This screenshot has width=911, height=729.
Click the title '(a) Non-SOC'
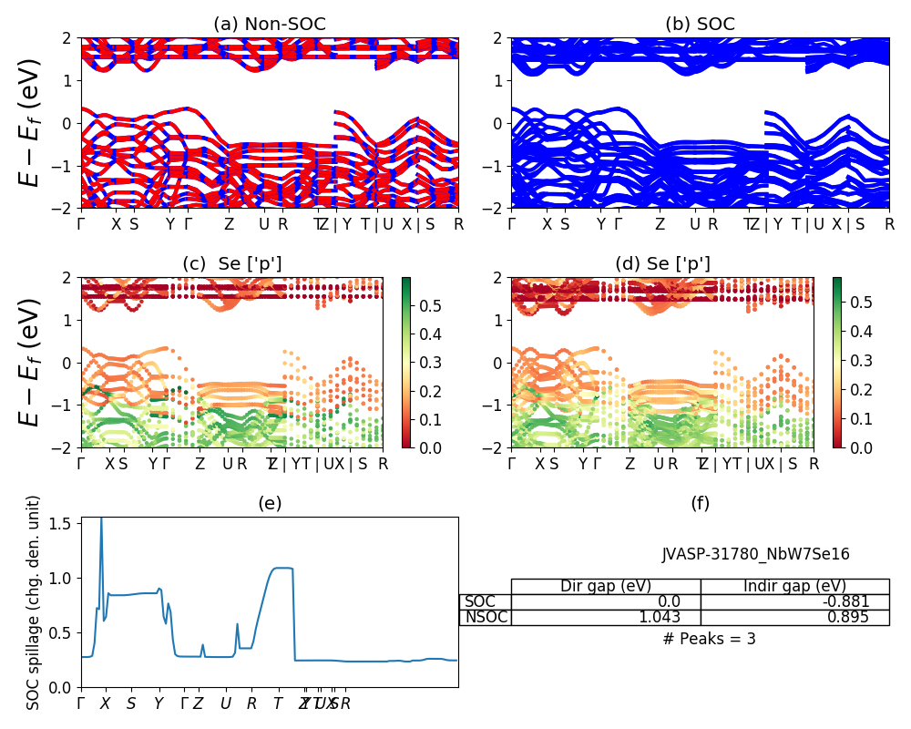click(x=270, y=25)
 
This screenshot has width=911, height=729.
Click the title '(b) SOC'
click(x=700, y=25)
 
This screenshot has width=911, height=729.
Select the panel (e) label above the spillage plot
click(x=270, y=502)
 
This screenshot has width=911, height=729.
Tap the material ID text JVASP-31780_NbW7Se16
click(x=755, y=554)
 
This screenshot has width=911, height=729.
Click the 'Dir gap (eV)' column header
click(x=606, y=586)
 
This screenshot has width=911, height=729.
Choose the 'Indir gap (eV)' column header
click(x=794, y=586)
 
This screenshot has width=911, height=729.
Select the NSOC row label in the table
click(x=486, y=617)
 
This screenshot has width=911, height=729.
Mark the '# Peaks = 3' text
click(x=709, y=639)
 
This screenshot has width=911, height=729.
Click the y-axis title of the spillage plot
click(x=34, y=602)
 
